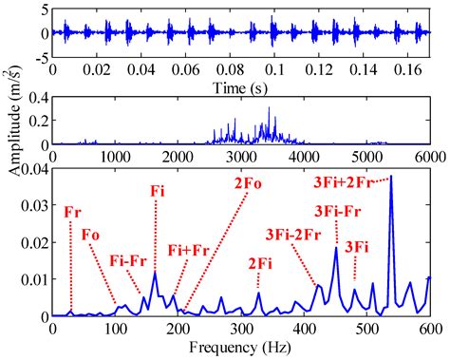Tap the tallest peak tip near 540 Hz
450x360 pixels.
click(x=390, y=176)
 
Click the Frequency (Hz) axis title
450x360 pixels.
click(x=241, y=349)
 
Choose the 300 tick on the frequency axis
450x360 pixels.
click(x=241, y=329)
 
